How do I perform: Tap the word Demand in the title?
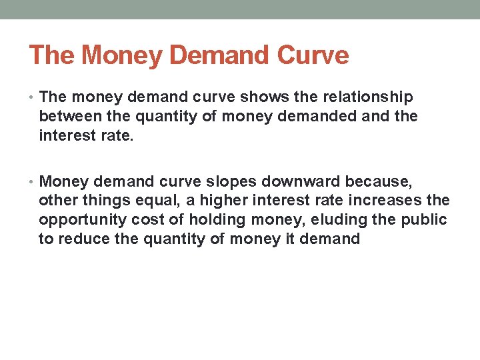click(213, 55)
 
